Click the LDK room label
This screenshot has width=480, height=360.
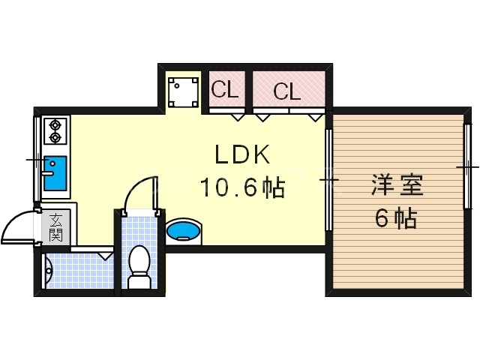pos(241,155)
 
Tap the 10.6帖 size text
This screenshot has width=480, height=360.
pos(241,187)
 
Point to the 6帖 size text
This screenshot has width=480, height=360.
pos(396,219)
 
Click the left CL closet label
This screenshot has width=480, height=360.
pos(224,90)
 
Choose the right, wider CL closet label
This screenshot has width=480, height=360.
pos(286,92)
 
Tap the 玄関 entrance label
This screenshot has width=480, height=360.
pos(56,227)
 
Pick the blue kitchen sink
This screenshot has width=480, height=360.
pos(55,174)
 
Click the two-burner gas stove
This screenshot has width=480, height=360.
pos(55,131)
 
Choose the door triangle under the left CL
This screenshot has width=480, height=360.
pos(238,116)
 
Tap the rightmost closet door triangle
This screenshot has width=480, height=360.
pos(316,116)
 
